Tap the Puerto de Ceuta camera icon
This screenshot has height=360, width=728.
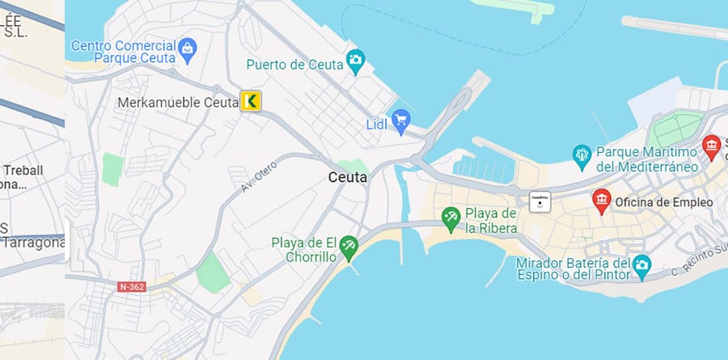[356, 60]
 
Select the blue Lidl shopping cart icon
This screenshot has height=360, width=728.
[400, 122]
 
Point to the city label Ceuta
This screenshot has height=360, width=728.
[348, 177]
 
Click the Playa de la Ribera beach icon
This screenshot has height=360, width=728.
[451, 217]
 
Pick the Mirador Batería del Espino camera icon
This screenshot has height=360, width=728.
[641, 265]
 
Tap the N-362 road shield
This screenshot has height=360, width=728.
[130, 286]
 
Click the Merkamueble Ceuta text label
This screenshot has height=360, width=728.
[178, 103]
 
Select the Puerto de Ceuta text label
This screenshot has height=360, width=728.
[294, 64]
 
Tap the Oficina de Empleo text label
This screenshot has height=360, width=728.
[663, 202]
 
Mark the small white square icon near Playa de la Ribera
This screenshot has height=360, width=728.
[540, 201]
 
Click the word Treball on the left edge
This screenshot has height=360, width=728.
[23, 170]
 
